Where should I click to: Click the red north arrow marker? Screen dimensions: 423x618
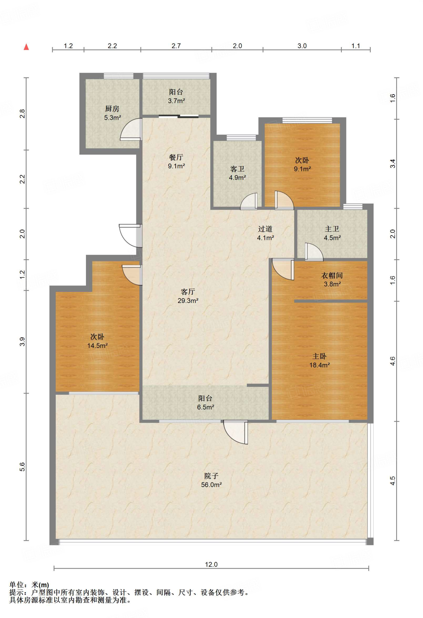(26, 47)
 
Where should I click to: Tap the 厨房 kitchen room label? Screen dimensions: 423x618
(112, 109)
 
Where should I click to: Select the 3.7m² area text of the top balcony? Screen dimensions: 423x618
(177, 101)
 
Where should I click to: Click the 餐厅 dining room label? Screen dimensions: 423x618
(176, 157)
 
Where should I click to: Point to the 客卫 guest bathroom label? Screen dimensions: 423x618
(237, 169)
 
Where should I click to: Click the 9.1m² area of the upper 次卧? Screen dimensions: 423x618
(302, 169)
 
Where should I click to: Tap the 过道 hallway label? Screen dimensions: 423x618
(266, 229)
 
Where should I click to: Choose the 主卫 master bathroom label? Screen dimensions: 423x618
(332, 229)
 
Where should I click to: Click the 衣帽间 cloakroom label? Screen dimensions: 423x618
(332, 275)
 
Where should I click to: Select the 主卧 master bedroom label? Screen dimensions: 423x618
(320, 356)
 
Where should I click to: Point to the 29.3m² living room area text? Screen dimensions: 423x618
(188, 301)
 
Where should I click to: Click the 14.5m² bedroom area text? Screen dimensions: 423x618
(97, 346)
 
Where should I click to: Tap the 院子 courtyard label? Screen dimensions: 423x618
(211, 476)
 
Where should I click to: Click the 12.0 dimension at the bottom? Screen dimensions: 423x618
(211, 564)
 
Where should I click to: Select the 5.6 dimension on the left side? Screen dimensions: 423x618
(22, 467)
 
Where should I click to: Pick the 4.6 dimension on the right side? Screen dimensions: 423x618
(393, 361)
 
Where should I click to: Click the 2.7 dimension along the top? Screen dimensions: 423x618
(176, 46)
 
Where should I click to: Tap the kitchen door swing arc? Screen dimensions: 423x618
(130, 129)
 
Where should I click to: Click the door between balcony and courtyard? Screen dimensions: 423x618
(236, 432)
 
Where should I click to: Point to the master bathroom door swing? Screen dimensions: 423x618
(314, 252)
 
